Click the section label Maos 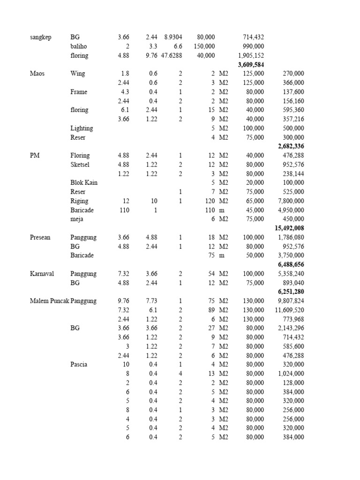37,74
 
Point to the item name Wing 78,74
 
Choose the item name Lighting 82,128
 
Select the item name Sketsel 81,165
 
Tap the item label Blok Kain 84,182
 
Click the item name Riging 79,201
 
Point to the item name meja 77,219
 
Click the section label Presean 40,237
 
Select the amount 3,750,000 291,255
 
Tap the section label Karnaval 41,274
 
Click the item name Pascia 79,364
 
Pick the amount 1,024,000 291,374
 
